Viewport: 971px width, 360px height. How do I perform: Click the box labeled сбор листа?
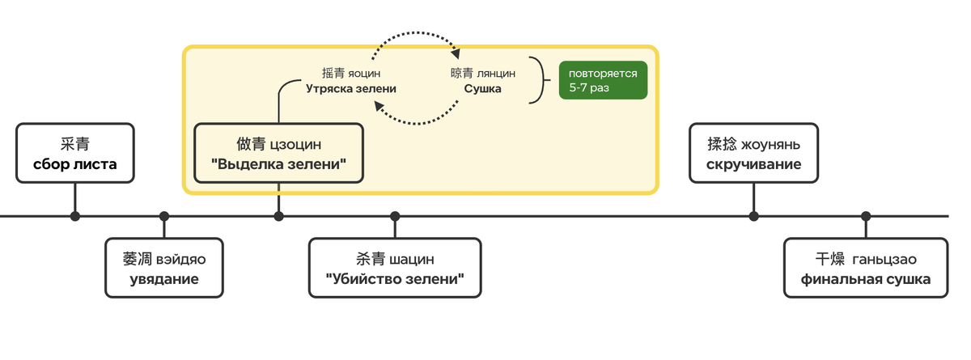pyautogui.click(x=74, y=153)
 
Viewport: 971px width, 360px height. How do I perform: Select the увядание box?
pyautogui.click(x=164, y=268)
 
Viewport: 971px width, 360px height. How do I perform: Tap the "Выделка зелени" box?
pyautogui.click(x=278, y=154)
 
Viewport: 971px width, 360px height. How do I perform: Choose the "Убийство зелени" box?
pyautogui.click(x=395, y=268)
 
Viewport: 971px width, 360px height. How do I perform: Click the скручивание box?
pyautogui.click(x=753, y=153)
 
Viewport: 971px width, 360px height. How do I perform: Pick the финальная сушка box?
pyautogui.click(x=865, y=268)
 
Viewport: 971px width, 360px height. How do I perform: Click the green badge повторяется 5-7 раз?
pyautogui.click(x=603, y=80)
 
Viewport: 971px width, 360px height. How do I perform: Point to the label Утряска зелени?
pyautogui.click(x=350, y=89)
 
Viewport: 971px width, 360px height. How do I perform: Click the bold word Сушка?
pyautogui.click(x=482, y=89)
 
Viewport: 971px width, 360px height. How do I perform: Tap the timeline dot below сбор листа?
pyautogui.click(x=75, y=216)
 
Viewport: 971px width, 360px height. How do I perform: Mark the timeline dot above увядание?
pyautogui.click(x=164, y=216)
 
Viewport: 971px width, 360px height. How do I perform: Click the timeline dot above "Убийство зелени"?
pyautogui.click(x=395, y=216)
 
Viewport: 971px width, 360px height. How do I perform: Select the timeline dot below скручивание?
pyautogui.click(x=753, y=216)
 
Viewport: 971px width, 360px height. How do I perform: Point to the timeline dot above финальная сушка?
pyautogui.click(x=866, y=216)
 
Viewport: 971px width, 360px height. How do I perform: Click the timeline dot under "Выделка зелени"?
pyautogui.click(x=279, y=216)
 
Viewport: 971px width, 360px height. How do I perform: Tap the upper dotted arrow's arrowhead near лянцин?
pyautogui.click(x=456, y=55)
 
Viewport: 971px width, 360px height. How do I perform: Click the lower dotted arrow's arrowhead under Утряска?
pyautogui.click(x=378, y=108)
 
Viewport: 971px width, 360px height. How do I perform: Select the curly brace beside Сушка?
pyautogui.click(x=537, y=80)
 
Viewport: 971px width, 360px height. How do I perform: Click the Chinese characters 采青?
pyautogui.click(x=74, y=144)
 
